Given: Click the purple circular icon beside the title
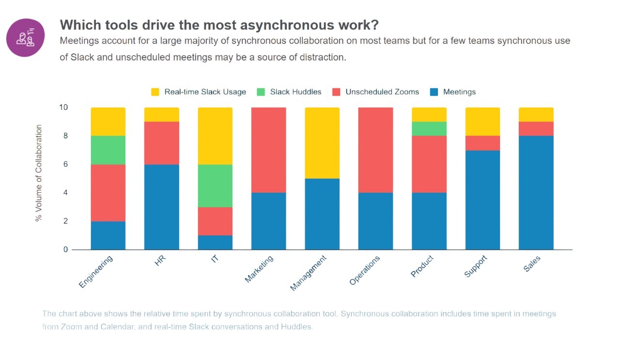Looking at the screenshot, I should [26, 38].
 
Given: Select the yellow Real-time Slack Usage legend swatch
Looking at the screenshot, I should [155, 92].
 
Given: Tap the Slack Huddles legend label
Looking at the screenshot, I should [295, 92].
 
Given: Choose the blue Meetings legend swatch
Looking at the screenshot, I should [434, 92].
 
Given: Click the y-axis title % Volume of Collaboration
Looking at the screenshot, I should [39, 173].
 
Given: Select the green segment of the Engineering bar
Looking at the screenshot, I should [108, 150].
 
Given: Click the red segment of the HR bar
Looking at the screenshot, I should [162, 143].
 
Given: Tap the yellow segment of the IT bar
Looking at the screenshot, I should [215, 136].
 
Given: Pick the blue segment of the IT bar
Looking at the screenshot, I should [215, 242].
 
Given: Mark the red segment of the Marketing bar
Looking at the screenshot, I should [268, 150].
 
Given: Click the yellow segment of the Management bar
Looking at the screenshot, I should [322, 143].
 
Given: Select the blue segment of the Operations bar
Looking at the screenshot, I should [375, 221].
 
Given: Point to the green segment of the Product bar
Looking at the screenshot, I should [429, 128].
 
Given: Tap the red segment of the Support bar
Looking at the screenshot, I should [482, 143].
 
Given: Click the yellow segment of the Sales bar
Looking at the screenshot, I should [536, 114].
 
